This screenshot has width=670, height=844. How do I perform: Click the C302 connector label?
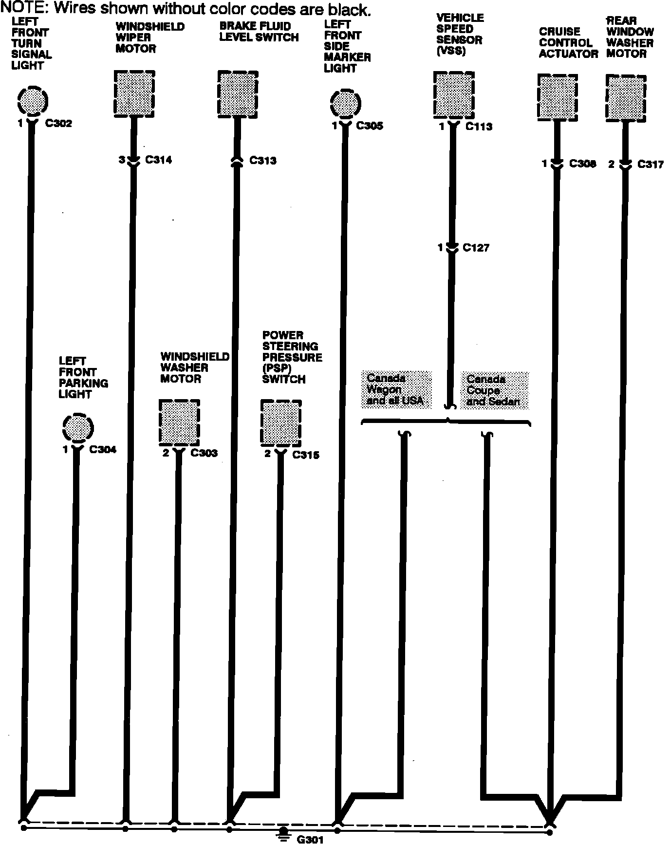point(58,124)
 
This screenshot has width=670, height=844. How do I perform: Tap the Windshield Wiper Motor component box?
point(134,93)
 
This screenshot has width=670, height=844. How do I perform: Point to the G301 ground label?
point(310,839)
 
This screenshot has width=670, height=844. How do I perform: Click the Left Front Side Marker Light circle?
point(345,104)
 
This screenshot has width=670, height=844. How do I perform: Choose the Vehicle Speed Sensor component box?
point(454,95)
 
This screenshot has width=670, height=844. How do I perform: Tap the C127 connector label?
point(476,248)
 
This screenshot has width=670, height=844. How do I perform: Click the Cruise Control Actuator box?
point(558,97)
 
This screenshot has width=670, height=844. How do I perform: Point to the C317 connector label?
point(651,165)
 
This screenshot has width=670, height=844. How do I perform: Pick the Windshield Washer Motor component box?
point(179,422)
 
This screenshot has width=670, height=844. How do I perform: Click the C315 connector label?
point(306,455)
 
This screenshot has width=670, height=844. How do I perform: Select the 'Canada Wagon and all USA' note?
point(396,390)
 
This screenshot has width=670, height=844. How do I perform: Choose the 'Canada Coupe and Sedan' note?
point(494,390)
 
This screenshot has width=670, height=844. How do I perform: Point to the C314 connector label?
point(159,160)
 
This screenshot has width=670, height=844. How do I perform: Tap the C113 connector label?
point(479,127)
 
